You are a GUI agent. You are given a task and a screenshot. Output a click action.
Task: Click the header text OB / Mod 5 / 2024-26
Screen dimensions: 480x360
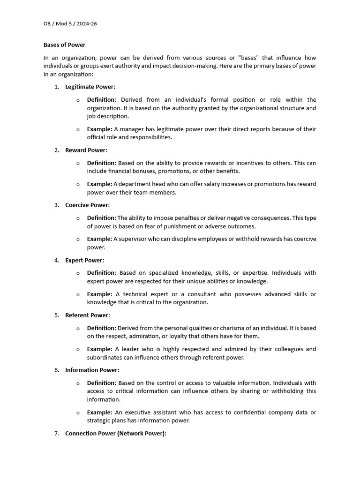[70, 23]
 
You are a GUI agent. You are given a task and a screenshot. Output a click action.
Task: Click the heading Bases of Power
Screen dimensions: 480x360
[65, 45]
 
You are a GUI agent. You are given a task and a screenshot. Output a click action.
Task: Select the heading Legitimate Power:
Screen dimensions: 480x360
[90, 87]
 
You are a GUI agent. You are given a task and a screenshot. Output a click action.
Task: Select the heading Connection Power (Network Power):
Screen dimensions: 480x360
[116, 434]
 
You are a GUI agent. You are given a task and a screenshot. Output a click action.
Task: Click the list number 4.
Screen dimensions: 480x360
[56, 260]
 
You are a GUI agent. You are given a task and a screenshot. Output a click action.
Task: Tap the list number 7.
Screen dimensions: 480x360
[56, 434]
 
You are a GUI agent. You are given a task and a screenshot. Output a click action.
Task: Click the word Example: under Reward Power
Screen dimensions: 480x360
[99, 184]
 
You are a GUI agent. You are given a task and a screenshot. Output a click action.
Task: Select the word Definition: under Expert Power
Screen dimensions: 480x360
[102, 273]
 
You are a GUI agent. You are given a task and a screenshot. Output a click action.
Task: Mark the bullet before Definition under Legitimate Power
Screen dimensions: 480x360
[78, 100]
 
